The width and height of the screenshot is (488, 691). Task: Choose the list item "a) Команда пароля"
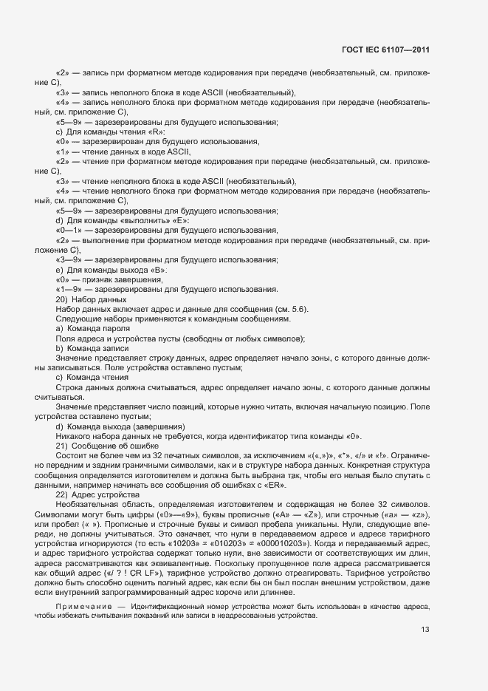[x=93, y=328]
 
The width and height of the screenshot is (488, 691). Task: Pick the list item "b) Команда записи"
[x=92, y=347]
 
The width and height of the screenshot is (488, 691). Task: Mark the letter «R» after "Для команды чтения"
[x=157, y=132]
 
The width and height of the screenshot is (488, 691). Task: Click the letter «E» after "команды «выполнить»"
[x=182, y=221]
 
